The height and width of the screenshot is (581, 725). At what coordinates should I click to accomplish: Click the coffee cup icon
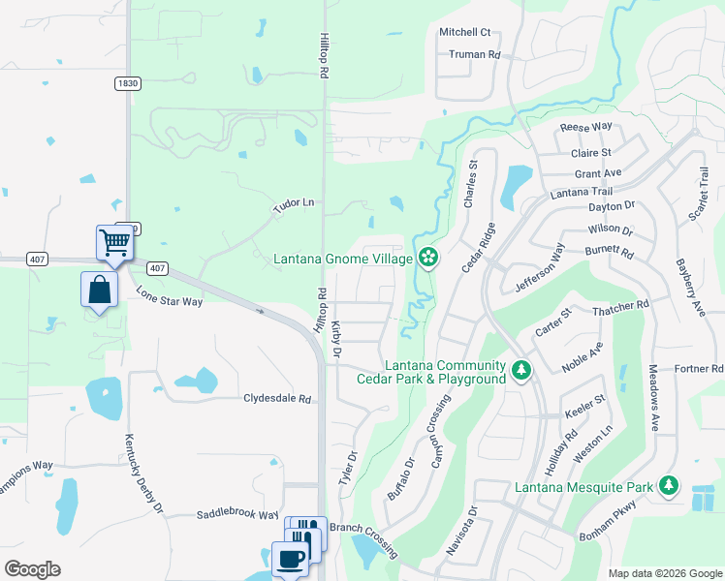click(x=290, y=559)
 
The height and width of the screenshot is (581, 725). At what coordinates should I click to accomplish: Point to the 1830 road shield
click(x=127, y=84)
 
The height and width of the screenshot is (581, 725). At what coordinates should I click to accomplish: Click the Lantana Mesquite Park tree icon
click(x=668, y=485)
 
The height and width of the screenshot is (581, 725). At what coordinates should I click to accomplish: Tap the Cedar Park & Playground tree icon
click(x=521, y=371)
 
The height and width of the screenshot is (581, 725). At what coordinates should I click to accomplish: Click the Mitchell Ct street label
click(x=465, y=32)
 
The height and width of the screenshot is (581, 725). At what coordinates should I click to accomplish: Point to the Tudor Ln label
click(x=295, y=203)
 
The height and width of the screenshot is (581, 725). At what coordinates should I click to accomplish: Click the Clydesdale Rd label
click(x=277, y=398)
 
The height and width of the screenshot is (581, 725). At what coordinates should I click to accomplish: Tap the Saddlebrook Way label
click(x=237, y=515)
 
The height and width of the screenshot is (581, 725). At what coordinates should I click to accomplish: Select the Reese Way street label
click(x=586, y=127)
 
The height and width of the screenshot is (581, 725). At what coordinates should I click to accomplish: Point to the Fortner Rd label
click(x=699, y=369)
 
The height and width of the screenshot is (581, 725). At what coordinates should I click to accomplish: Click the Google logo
click(x=33, y=569)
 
